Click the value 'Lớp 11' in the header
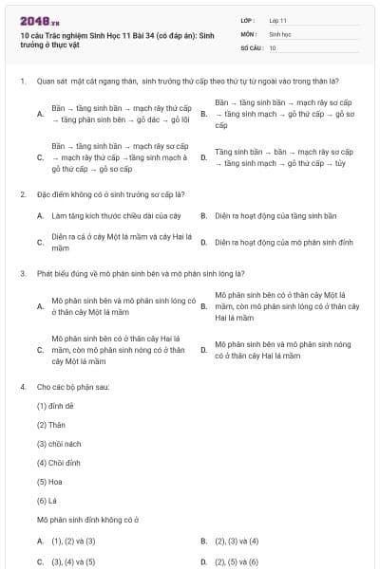click(278, 20)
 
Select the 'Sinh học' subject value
click(279, 33)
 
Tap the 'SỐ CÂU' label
click(250, 46)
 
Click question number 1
click(22, 81)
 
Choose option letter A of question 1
click(40, 114)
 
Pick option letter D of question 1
click(203, 157)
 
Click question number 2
click(22, 194)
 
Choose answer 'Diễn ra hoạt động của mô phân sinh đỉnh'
click(284, 243)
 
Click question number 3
click(22, 274)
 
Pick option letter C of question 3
click(40, 350)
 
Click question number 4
click(22, 388)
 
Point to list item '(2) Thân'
click(51, 424)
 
